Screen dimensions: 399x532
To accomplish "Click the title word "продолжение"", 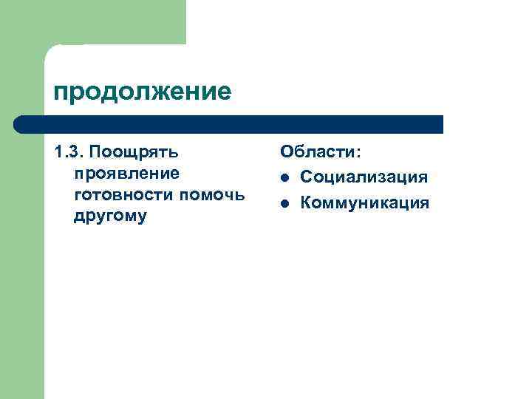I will click(143, 92).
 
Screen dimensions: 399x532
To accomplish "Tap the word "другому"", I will click(110, 216).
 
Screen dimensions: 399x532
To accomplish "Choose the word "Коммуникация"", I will click(364, 202).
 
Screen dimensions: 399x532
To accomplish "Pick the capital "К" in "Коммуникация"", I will click(307, 202).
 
